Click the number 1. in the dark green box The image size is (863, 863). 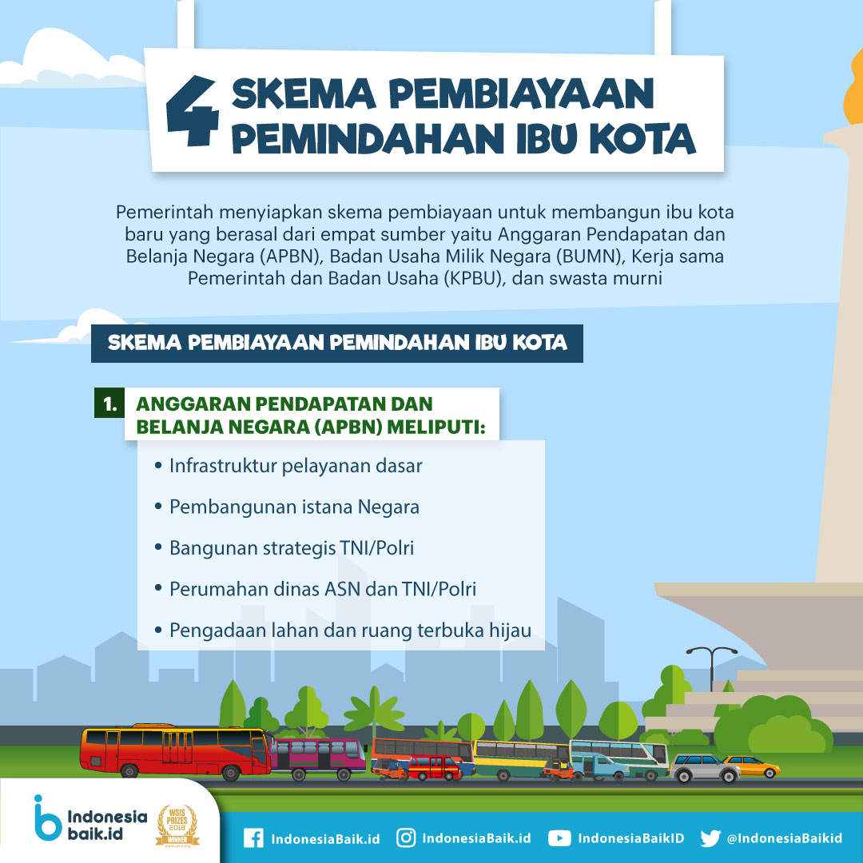click(x=110, y=404)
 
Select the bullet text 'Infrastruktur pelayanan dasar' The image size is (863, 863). click(x=296, y=466)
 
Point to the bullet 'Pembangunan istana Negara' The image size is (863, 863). click(x=294, y=507)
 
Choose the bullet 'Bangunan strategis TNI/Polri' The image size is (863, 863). click(x=291, y=548)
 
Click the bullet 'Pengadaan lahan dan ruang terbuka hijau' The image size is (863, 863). click(x=350, y=630)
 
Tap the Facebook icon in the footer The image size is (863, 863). click(x=253, y=838)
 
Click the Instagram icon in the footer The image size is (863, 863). click(x=406, y=837)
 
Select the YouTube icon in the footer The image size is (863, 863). click(x=559, y=838)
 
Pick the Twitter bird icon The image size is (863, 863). click(x=710, y=838)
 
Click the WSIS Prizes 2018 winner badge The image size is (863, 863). click(x=177, y=825)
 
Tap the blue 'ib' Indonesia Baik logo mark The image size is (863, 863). click(x=47, y=817)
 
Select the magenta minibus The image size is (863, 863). click(x=318, y=759)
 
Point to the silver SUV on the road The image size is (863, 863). click(x=705, y=768)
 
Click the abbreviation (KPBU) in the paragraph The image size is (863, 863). click(x=475, y=279)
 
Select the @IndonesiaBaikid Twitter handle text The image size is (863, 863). click(x=785, y=838)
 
